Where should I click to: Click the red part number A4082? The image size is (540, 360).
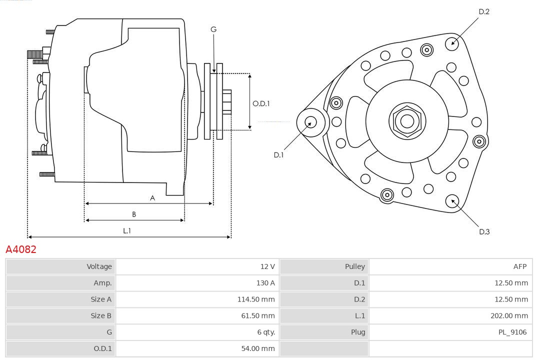pos(21,249)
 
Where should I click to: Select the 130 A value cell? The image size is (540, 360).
pos(265,283)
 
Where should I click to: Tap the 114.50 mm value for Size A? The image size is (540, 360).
pos(256,299)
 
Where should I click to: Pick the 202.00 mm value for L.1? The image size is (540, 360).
pos(509,315)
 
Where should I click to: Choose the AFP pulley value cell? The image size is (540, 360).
pos(519,266)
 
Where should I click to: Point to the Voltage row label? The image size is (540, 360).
pos(99,266)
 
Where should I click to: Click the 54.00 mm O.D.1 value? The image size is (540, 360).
pos(258,348)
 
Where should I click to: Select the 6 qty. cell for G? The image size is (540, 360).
pos(265,332)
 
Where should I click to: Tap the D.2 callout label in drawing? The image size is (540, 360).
pos(483,11)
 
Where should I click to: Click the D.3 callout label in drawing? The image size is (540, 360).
pos(483,231)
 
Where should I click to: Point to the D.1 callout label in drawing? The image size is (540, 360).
pos(278,155)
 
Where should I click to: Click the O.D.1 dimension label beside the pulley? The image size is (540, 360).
pos(261,103)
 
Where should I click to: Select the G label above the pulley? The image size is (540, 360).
pos(213,29)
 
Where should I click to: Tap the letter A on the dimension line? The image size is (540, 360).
pos(152,198)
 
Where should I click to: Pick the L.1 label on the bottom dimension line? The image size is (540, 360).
pos(127,231)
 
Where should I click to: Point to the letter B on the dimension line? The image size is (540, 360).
pos(134,214)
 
